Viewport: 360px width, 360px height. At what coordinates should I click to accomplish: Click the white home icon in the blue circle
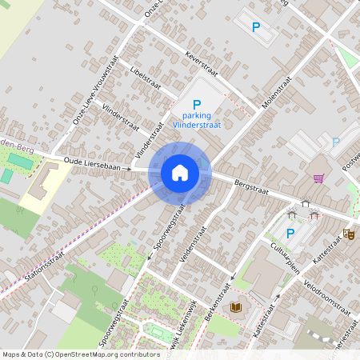(180, 173)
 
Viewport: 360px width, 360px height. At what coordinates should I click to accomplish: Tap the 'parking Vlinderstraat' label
(197, 119)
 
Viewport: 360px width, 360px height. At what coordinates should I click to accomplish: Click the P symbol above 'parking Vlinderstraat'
(197, 104)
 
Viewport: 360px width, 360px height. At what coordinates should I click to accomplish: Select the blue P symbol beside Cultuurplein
(290, 234)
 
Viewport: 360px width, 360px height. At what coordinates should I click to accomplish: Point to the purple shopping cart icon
(318, 178)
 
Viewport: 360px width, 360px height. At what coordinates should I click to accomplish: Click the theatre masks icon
(348, 234)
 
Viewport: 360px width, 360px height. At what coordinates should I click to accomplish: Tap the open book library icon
(235, 307)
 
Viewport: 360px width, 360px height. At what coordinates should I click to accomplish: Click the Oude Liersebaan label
(86, 166)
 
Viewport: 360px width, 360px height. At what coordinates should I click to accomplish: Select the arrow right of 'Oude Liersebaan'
(128, 169)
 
